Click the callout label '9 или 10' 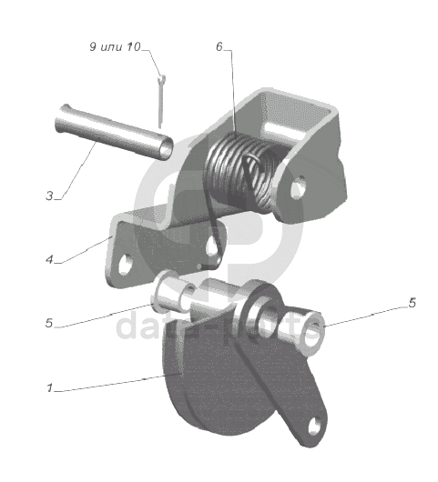[x=115, y=47]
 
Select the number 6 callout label [x=219, y=46]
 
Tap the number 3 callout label [x=49, y=196]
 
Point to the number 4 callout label [x=49, y=259]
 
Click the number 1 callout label [x=49, y=387]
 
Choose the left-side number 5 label [x=49, y=323]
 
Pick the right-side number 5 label [x=413, y=303]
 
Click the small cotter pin [x=161, y=101]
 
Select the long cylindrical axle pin [x=113, y=132]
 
